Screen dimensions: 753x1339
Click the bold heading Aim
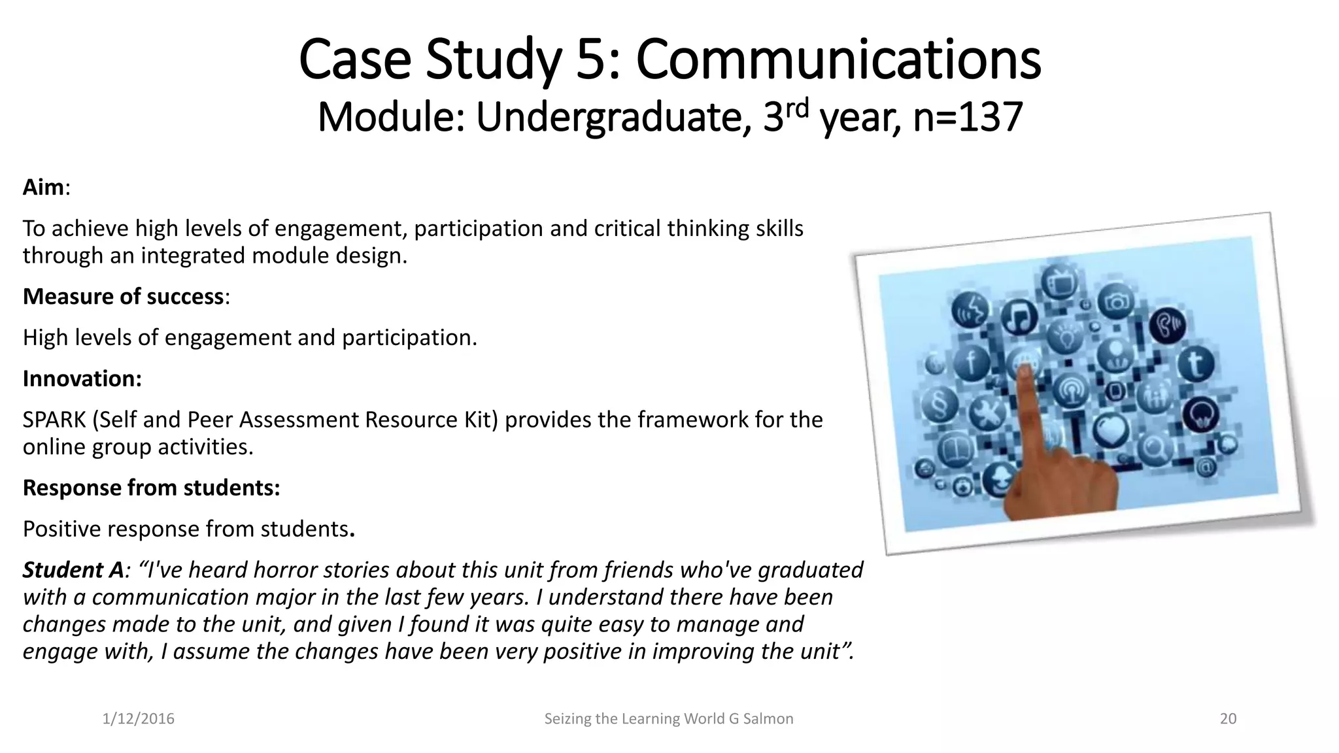[43, 188]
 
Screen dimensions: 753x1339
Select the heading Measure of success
[124, 297]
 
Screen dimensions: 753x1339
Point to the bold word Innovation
[82, 379]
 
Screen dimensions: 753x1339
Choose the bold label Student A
[73, 570]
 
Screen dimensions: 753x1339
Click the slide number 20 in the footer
[1228, 719]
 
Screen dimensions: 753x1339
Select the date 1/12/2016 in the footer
[139, 719]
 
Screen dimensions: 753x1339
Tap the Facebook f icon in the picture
[971, 361]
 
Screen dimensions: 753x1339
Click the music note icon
[1019, 317]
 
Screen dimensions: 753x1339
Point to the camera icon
[1116, 301]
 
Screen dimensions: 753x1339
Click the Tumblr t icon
[1195, 363]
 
